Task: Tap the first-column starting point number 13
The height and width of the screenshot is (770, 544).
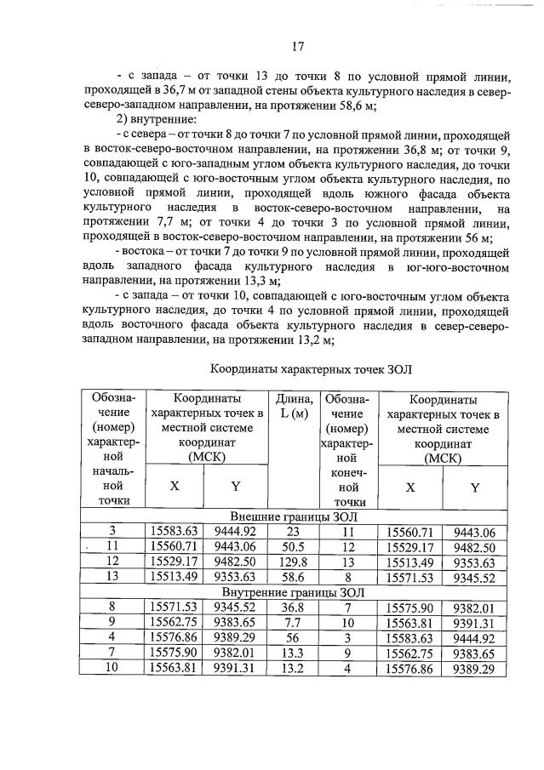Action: pos(112,577)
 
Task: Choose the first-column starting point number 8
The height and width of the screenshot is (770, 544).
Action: pos(112,607)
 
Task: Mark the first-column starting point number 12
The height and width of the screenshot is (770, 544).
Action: pos(112,562)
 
